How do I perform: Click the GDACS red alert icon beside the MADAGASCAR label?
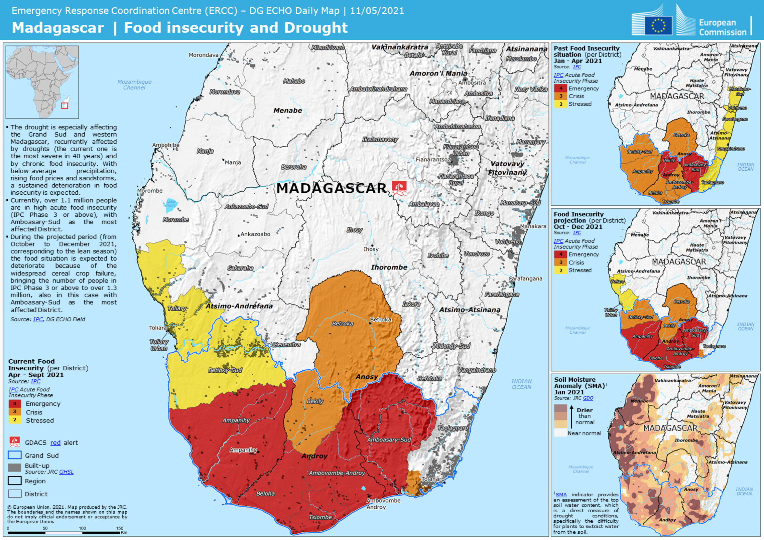[399, 188]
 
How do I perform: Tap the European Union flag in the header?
[658, 25]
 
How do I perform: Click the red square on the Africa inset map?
[65, 106]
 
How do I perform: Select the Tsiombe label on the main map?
[320, 517]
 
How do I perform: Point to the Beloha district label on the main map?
[265, 494]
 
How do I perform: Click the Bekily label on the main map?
[315, 401]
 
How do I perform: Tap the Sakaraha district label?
[240, 268]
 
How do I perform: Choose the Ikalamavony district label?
[380, 139]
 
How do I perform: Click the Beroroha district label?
[293, 167]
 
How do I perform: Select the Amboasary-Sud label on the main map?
[389, 439]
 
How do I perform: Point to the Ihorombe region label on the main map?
[389, 267]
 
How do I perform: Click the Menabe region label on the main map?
[287, 111]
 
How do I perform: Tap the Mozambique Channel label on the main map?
[134, 84]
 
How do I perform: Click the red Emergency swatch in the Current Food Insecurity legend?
[15, 404]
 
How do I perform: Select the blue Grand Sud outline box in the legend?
[15, 455]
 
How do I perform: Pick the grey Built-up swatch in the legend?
[15, 468]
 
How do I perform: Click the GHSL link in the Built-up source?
[66, 472]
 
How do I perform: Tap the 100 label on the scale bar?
[82, 528]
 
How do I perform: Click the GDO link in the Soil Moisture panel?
[588, 398]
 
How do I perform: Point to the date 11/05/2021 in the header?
[377, 11]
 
